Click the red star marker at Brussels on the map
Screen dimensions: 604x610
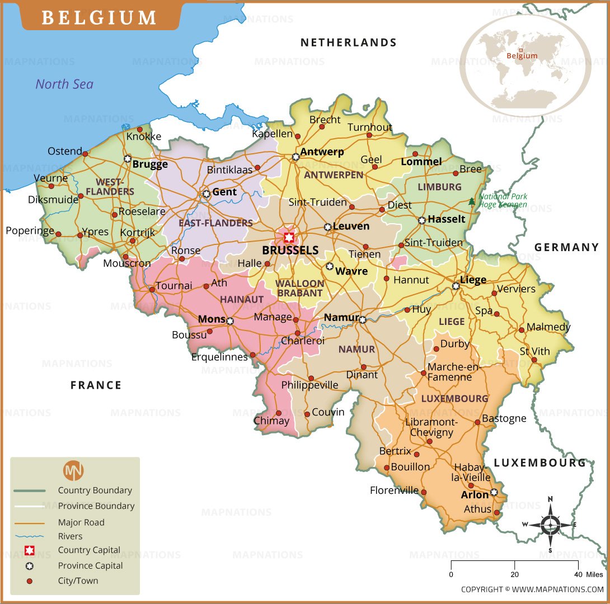[x=289, y=237]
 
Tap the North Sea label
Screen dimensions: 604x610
[x=64, y=84]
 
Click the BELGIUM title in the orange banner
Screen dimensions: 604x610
[x=100, y=17]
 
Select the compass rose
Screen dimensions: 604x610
[x=551, y=524]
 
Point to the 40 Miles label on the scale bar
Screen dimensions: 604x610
[x=588, y=574]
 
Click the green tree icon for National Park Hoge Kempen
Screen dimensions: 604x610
[x=472, y=201]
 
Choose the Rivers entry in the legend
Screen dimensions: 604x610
[x=70, y=536]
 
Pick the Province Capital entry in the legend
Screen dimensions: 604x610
[x=90, y=565]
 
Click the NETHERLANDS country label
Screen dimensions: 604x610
[x=348, y=43]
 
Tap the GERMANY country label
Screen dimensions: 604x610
[x=566, y=247]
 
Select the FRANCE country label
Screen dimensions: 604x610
[x=96, y=385]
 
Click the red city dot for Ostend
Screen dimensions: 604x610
[x=85, y=153]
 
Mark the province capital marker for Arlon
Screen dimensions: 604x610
[x=494, y=493]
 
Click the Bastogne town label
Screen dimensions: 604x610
[x=504, y=418]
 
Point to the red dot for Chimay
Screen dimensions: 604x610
[x=279, y=413]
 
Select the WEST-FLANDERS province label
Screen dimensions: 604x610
[x=115, y=187]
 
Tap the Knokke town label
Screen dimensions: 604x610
[x=143, y=136]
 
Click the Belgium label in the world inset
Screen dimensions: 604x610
[x=522, y=55]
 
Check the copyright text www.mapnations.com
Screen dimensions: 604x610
[x=532, y=589]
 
